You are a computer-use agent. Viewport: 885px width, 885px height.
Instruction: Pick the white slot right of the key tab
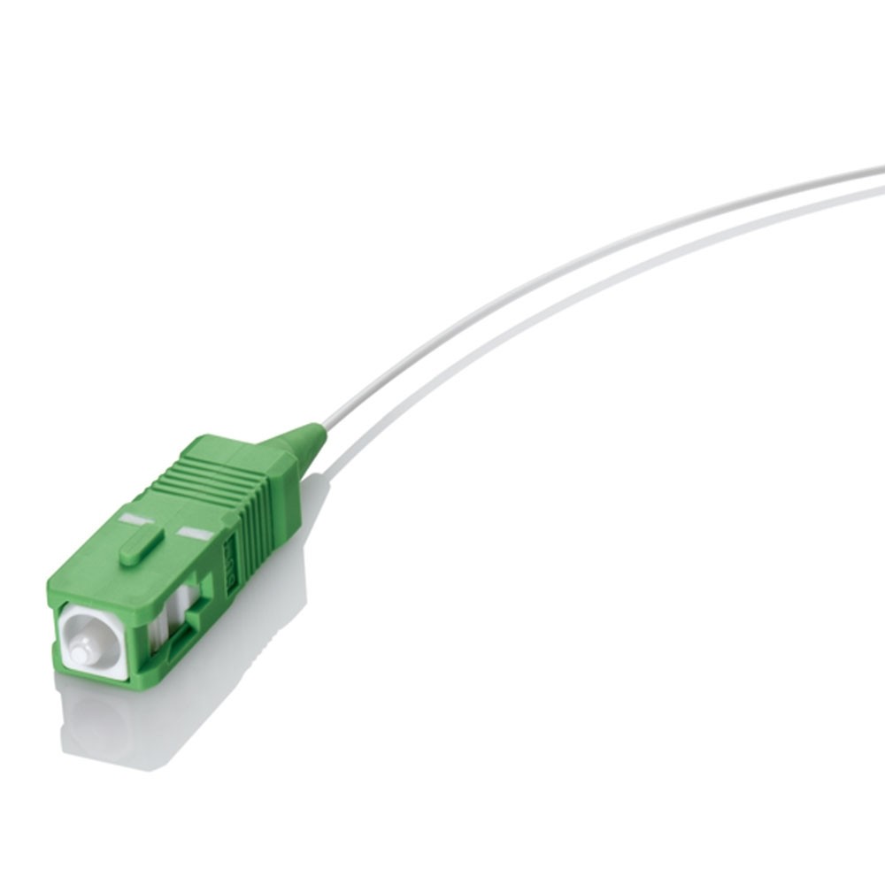[x=196, y=535]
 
